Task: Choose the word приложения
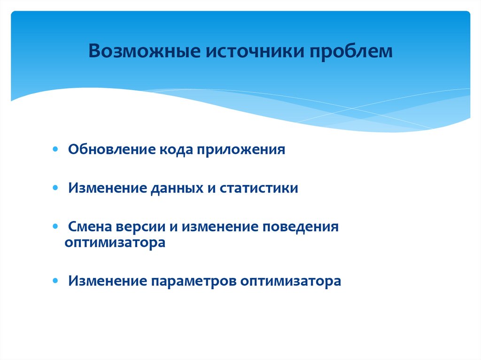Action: pyautogui.click(x=241, y=150)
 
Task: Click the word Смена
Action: pyautogui.click(x=90, y=227)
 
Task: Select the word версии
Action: pyautogui.click(x=141, y=228)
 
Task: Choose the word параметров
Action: pyautogui.click(x=194, y=282)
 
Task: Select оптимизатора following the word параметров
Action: pyautogui.click(x=290, y=282)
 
